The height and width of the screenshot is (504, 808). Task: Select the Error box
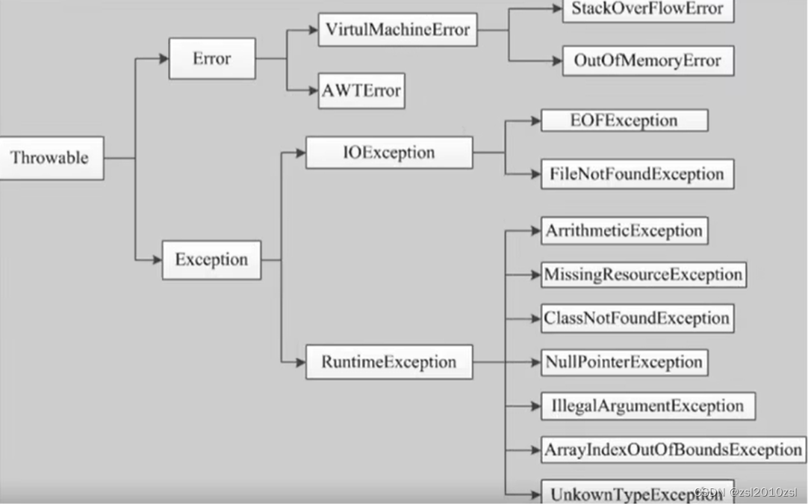pyautogui.click(x=212, y=58)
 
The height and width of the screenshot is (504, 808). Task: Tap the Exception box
pyautogui.click(x=211, y=259)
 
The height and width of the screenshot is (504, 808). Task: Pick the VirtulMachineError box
pyautogui.click(x=397, y=30)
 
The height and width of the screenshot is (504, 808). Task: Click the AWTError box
pyautogui.click(x=361, y=91)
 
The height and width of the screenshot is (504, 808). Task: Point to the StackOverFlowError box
pyautogui.click(x=647, y=10)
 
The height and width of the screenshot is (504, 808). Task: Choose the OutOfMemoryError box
pyautogui.click(x=647, y=61)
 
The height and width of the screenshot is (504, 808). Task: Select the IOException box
pyautogui.click(x=388, y=153)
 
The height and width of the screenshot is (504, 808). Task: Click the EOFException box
pyautogui.click(x=624, y=120)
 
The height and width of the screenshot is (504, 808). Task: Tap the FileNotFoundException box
pyautogui.click(x=636, y=174)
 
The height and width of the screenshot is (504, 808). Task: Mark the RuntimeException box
pyautogui.click(x=388, y=362)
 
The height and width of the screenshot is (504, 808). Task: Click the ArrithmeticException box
pyautogui.click(x=624, y=231)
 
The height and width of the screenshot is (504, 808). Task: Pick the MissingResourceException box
pyautogui.click(x=643, y=274)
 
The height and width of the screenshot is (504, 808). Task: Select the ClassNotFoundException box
pyautogui.click(x=636, y=319)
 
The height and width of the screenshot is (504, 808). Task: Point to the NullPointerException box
pyautogui.click(x=624, y=362)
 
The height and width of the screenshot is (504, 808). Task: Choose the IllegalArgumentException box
pyautogui.click(x=647, y=406)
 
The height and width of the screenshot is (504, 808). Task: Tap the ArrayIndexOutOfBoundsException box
pyautogui.click(x=673, y=449)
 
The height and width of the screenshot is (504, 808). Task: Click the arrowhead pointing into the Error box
pyautogui.click(x=163, y=58)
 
